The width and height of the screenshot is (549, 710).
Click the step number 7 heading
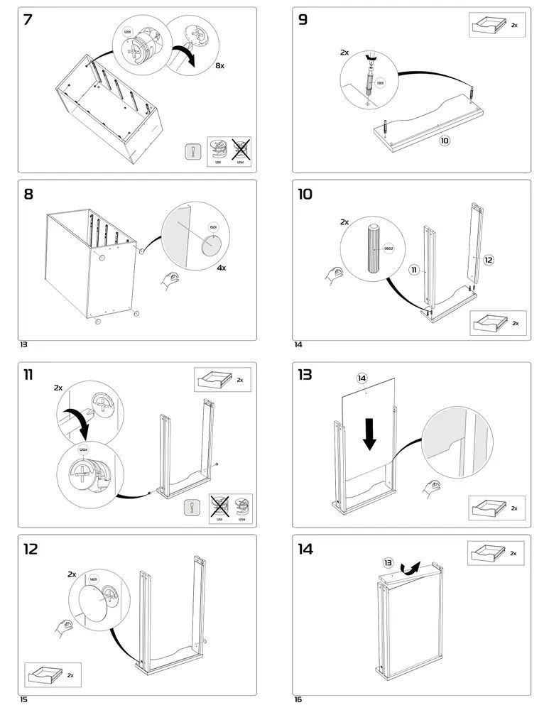[x=28, y=20]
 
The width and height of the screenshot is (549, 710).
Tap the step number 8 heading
[x=28, y=193]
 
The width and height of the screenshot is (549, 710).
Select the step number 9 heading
[x=303, y=20]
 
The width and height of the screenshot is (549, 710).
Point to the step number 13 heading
[x=305, y=375]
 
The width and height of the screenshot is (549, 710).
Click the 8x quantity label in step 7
[x=219, y=65]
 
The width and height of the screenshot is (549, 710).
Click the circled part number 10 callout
[x=445, y=141]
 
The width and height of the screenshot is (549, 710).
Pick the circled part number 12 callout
[x=488, y=260]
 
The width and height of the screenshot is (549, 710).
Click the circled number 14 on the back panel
[x=362, y=378]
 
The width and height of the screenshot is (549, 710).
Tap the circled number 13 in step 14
[x=388, y=562]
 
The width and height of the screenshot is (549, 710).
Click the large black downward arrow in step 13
[x=369, y=432]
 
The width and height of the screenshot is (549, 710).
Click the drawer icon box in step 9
[x=496, y=24]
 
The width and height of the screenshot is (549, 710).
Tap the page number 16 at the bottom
[x=298, y=699]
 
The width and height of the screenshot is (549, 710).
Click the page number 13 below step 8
[x=23, y=344]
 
